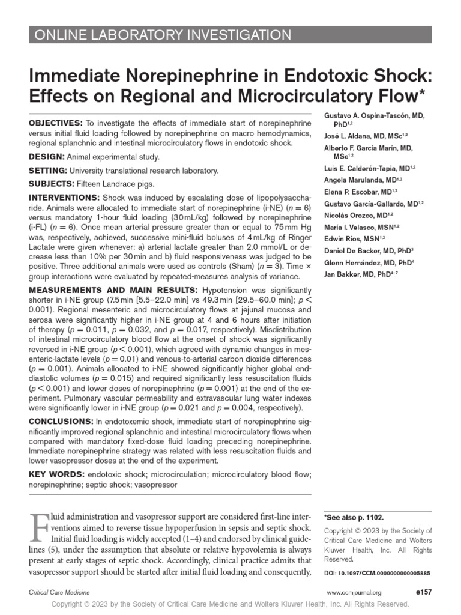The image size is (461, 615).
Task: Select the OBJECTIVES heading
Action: (56, 123)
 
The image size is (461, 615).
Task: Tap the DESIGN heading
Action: (48, 157)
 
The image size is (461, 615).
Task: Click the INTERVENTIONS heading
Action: (65, 198)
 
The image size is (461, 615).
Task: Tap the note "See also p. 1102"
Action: (354, 517)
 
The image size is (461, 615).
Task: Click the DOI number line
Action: (377, 574)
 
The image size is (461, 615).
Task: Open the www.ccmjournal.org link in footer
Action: (354, 592)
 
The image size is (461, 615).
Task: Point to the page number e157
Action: (423, 592)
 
